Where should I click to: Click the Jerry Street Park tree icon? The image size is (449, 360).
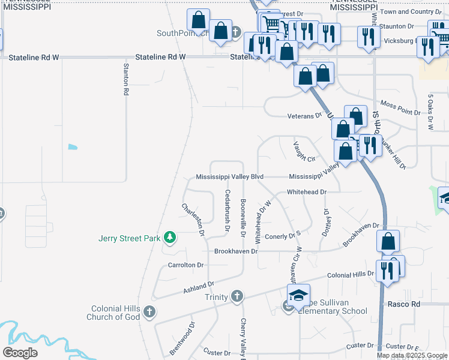pyautogui.click(x=170, y=238)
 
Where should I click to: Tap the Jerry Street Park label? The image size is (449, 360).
pyautogui.click(x=130, y=238)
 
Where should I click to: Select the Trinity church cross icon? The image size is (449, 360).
pyautogui.click(x=238, y=296)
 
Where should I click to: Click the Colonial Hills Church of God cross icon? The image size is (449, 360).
pyautogui.click(x=149, y=311)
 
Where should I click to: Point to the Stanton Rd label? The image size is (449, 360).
pyautogui.click(x=126, y=79)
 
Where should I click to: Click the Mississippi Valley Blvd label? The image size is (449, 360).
pyautogui.click(x=231, y=177)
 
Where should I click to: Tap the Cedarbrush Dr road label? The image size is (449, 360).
pyautogui.click(x=228, y=211)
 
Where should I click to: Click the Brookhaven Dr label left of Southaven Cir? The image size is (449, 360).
pyautogui.click(x=236, y=251)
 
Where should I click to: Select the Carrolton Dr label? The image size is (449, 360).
pyautogui.click(x=185, y=265)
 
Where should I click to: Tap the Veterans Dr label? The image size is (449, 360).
pyautogui.click(x=305, y=115)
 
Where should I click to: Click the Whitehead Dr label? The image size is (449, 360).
pyautogui.click(x=306, y=192)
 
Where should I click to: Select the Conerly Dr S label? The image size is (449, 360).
pyautogui.click(x=282, y=236)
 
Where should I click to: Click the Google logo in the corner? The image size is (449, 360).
pyautogui.click(x=20, y=353)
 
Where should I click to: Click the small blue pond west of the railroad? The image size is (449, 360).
pyautogui.click(x=73, y=146)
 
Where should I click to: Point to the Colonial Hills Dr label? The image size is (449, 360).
pyautogui.click(x=351, y=275)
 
